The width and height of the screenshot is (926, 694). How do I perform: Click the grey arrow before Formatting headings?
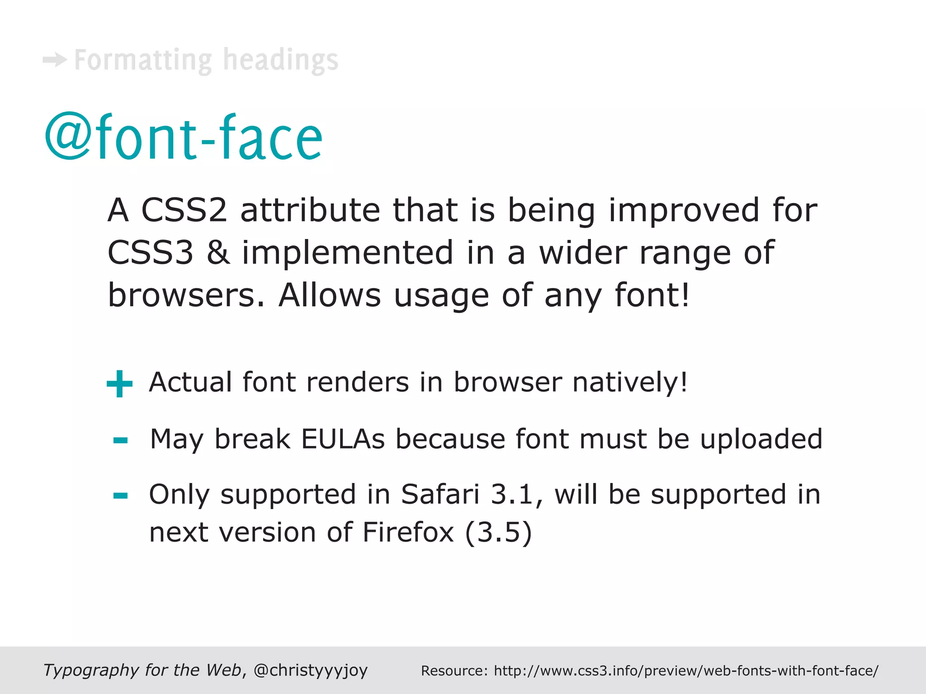55,60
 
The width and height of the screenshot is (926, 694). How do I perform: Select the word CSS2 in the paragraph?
184,210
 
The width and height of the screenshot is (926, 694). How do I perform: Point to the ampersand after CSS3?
217,253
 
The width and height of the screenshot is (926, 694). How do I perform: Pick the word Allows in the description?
330,295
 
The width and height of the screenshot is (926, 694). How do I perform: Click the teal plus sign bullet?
119,384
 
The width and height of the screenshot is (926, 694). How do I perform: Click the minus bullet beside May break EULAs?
120,440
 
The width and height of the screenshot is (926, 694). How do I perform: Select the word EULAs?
343,439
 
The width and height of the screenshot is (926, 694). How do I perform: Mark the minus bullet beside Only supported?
120,496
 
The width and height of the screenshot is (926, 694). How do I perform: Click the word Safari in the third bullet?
440,494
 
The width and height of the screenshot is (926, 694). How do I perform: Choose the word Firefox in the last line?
408,532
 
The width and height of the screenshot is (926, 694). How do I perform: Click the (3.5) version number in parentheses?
498,532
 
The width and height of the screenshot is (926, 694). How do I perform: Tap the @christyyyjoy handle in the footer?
311,670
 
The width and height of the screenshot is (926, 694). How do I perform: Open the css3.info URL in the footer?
686,671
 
